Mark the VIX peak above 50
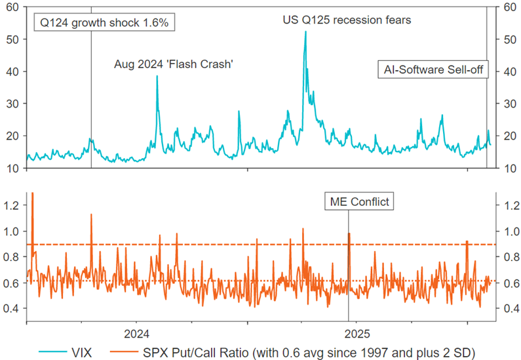(x=305, y=32)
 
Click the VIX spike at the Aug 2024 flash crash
(x=157, y=77)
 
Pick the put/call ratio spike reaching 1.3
(x=32, y=194)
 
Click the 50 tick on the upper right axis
(x=507, y=39)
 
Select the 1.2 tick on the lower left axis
(x=12, y=205)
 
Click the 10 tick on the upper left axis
(x=13, y=168)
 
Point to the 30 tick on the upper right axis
(x=507, y=104)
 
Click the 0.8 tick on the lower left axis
(x=12, y=257)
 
